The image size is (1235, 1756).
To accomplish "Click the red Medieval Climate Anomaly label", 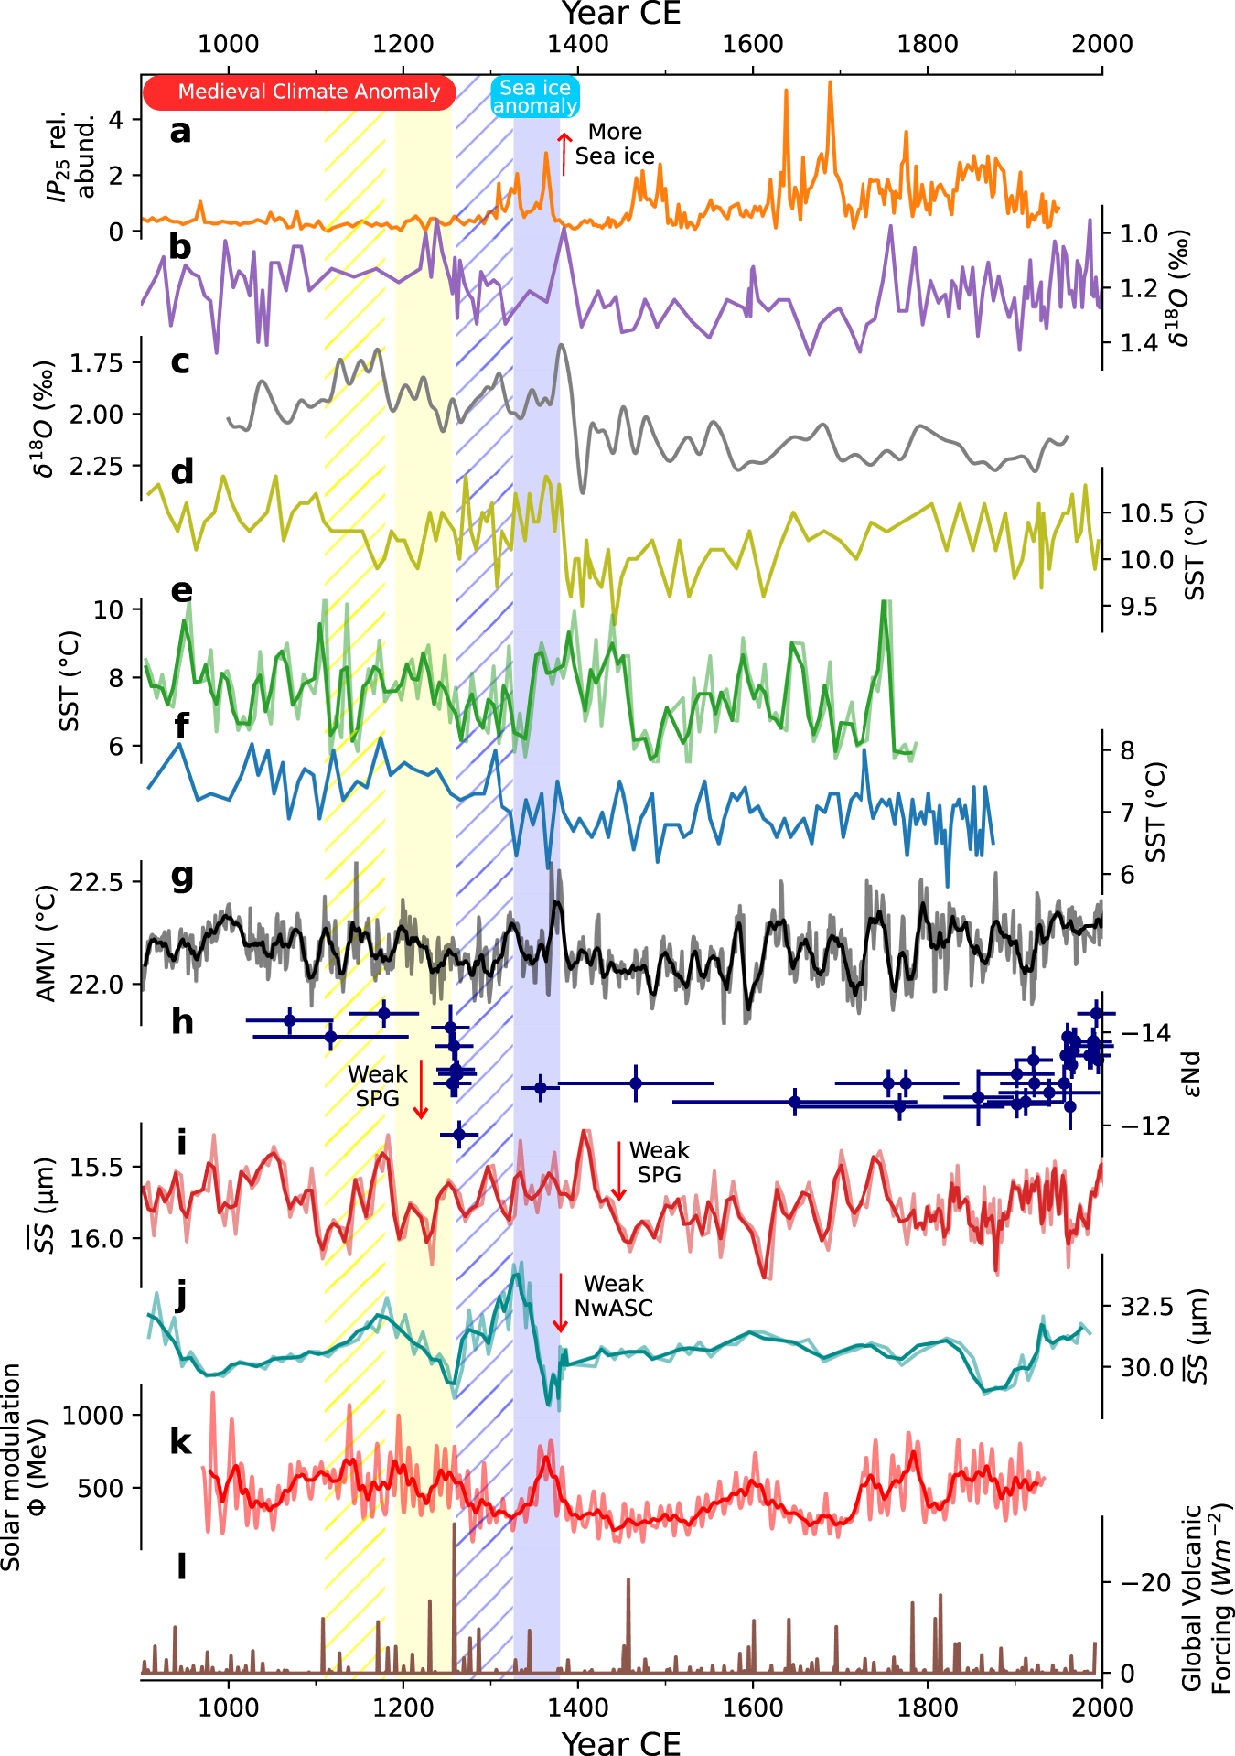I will point(299,92).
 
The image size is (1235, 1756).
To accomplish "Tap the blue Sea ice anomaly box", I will point(535,96).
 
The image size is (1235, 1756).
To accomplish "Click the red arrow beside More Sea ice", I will point(564,152).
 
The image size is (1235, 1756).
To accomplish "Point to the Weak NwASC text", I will point(614,1296).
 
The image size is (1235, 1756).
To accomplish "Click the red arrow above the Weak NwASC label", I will point(561,1303).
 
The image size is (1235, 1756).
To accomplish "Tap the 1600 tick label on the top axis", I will point(753,44).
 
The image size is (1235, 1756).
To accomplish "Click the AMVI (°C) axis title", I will point(46,943).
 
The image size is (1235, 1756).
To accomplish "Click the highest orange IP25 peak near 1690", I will point(830,82).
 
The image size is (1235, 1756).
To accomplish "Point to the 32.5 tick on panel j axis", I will point(1146,1307).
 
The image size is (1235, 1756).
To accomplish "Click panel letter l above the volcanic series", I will point(181,1567).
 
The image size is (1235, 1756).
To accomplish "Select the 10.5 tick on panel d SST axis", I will point(1147,513).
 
